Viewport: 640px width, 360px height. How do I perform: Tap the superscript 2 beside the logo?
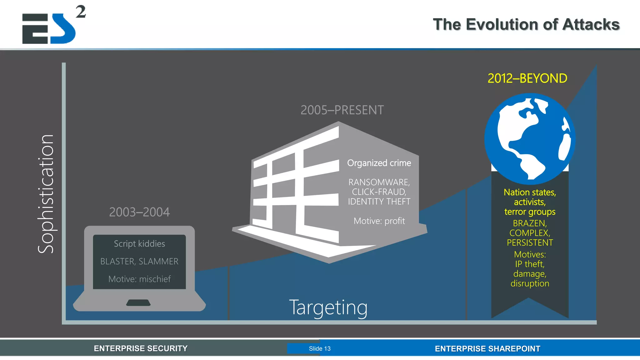click(81, 12)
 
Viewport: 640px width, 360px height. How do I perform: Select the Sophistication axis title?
click(46, 194)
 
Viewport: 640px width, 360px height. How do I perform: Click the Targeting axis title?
click(328, 307)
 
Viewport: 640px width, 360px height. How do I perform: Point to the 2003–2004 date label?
click(139, 212)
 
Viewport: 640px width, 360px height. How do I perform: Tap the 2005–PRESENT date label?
click(342, 110)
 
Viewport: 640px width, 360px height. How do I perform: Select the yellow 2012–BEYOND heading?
click(527, 78)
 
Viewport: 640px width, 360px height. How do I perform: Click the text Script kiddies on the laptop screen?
click(139, 244)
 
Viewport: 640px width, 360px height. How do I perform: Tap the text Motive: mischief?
click(139, 279)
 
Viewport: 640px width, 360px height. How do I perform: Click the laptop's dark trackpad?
click(138, 302)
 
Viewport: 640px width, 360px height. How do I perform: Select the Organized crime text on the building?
click(379, 163)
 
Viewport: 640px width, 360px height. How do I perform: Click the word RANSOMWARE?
click(378, 182)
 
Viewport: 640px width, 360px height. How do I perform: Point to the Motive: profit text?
click(379, 221)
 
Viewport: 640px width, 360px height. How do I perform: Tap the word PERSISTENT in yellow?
click(530, 243)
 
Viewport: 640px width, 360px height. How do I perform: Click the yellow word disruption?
click(530, 283)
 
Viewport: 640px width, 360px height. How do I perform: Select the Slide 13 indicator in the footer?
click(319, 348)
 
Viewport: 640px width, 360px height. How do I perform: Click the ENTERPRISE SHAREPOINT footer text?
click(487, 349)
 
